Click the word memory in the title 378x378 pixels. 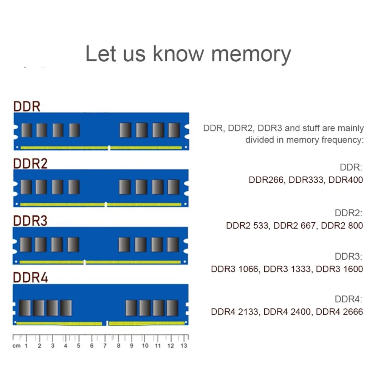click(251, 54)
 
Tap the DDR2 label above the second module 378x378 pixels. click(30, 163)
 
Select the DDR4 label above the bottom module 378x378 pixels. click(31, 277)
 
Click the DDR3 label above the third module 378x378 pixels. click(30, 221)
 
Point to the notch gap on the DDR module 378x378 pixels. click(109, 147)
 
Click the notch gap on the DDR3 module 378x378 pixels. click(84, 262)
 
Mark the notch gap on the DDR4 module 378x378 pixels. click(105, 323)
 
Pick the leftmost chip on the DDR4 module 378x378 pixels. click(25, 308)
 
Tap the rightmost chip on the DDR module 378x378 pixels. click(174, 130)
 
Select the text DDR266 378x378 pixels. click(266, 180)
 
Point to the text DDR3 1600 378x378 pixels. click(339, 269)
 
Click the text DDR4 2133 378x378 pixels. click(235, 312)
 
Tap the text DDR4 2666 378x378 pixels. click(339, 312)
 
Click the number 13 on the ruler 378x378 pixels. click(184, 346)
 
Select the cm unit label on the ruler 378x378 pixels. click(16, 346)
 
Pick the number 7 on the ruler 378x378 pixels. click(105, 346)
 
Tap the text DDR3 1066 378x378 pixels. click(235, 269)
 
